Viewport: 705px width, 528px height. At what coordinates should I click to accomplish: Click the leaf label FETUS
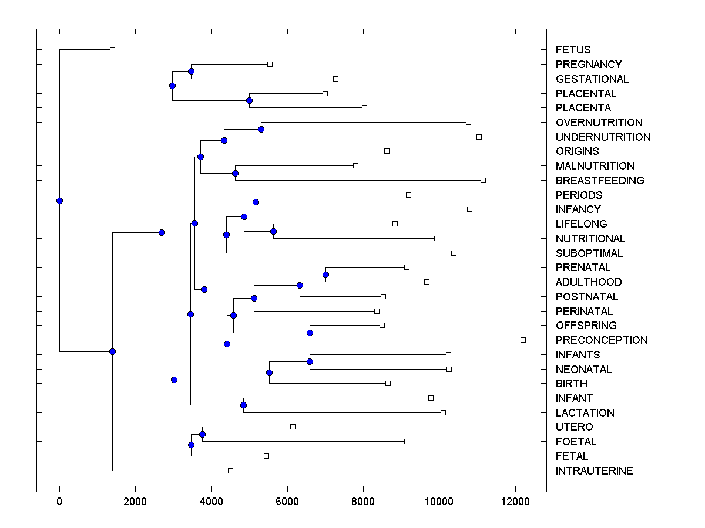click(573, 50)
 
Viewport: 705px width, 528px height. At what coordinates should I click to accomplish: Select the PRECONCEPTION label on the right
click(602, 340)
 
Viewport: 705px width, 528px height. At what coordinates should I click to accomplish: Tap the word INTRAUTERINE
click(594, 471)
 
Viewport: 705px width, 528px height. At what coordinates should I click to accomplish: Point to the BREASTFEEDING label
click(600, 181)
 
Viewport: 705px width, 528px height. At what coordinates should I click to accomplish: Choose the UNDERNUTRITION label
click(603, 137)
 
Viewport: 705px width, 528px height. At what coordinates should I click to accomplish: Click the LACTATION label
click(585, 413)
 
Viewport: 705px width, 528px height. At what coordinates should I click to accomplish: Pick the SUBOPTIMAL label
click(589, 253)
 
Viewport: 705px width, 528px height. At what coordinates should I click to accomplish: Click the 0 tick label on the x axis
click(59, 502)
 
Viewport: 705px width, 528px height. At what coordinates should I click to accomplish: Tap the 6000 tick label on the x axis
click(287, 502)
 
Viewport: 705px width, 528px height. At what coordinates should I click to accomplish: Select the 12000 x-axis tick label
click(515, 502)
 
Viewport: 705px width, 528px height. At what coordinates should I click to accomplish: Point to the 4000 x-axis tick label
click(211, 502)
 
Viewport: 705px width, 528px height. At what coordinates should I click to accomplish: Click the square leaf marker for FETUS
click(113, 50)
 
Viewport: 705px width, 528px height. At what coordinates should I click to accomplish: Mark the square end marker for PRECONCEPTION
click(523, 340)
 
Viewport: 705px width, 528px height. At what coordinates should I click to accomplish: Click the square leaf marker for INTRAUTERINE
click(230, 471)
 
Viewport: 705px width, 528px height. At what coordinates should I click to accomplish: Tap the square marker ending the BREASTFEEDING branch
click(483, 180)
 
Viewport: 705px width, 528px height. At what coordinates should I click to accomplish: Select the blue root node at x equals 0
click(59, 201)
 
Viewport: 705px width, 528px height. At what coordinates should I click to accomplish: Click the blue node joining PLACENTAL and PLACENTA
click(249, 100)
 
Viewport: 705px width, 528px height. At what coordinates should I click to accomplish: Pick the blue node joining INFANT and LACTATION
click(243, 405)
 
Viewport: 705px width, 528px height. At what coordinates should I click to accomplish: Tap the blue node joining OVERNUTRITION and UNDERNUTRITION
click(261, 129)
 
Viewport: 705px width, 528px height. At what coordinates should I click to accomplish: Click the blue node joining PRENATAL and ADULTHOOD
click(325, 275)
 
